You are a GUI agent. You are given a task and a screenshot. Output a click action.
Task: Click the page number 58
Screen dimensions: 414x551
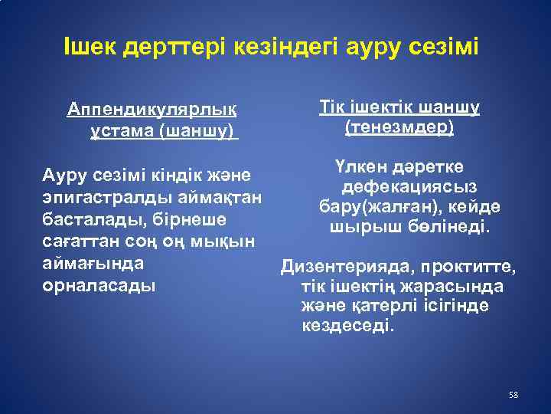(x=514, y=395)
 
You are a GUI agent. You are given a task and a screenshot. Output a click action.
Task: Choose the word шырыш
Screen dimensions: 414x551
(x=356, y=228)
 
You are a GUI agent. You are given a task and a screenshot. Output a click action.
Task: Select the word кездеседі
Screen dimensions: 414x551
(x=350, y=325)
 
